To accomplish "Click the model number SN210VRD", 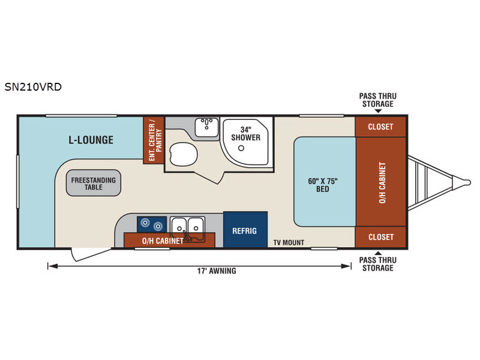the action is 33,87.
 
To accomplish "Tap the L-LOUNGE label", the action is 91,140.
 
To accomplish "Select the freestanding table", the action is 94,183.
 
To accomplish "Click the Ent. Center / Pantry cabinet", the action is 154,140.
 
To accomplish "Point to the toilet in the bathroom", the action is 183,154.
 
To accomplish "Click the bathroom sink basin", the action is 206,127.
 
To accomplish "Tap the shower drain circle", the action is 241,148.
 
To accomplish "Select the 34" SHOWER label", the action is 245,134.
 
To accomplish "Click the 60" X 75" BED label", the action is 323,185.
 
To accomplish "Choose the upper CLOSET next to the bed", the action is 380,127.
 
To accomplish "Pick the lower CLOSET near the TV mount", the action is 380,237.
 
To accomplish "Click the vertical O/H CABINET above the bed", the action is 381,182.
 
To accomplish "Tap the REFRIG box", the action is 245,229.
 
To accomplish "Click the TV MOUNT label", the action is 289,243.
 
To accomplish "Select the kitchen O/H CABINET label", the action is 163,241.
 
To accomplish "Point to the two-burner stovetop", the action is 152,224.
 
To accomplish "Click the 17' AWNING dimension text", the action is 217,271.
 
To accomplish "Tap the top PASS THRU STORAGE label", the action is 378,100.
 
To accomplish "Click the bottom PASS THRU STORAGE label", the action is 378,264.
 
